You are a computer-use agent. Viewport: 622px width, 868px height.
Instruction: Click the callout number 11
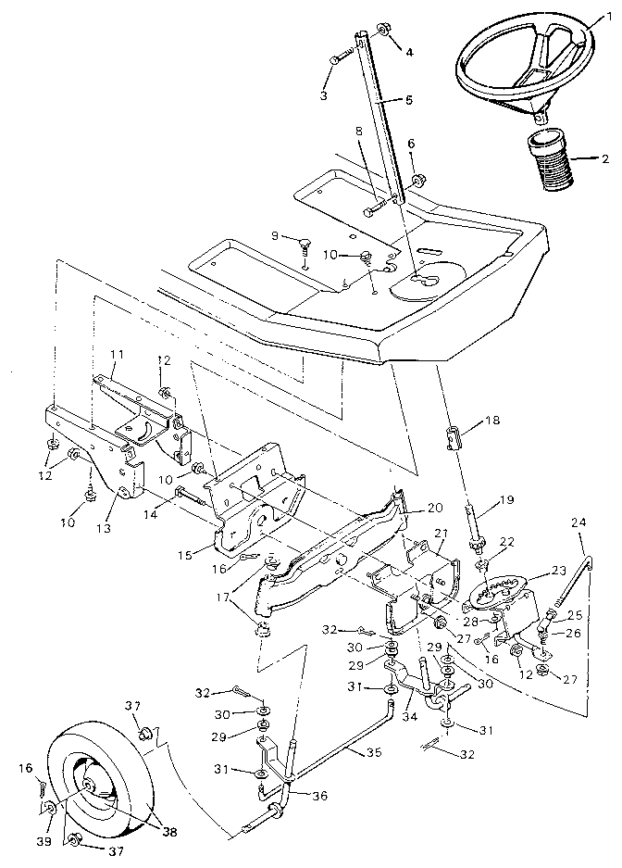117,355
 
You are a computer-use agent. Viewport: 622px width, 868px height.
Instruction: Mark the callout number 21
441,533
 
